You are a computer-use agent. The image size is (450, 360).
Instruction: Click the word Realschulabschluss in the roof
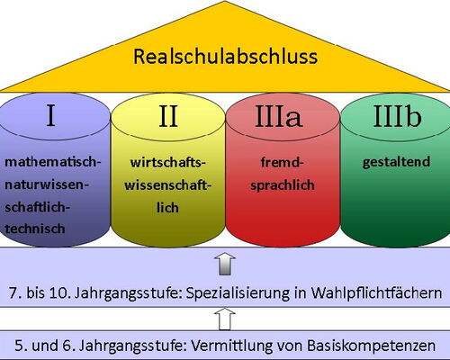225,57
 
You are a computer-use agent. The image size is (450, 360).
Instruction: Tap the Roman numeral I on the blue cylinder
50,115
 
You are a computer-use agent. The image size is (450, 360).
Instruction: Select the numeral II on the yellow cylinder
168,116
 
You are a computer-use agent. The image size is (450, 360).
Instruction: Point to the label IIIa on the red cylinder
278,116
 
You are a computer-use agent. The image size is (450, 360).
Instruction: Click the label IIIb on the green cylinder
397,115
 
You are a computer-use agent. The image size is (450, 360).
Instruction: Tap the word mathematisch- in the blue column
53,162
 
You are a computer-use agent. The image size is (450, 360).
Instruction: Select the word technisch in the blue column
35,229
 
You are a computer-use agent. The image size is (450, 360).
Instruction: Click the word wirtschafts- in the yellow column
168,163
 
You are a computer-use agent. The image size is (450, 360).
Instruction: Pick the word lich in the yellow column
167,208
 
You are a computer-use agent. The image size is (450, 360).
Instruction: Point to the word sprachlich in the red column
283,185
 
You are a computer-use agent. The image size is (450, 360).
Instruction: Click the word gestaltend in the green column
396,162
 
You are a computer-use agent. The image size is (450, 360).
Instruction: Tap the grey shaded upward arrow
225,264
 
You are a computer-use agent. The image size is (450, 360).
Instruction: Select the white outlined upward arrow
225,319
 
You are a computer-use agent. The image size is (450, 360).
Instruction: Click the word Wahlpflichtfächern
376,292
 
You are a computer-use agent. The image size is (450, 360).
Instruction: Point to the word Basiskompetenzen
372,346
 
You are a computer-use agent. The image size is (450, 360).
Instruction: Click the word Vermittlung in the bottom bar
231,346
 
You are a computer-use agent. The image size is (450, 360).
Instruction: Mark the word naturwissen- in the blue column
47,184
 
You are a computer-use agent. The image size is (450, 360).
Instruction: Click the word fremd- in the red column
283,163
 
